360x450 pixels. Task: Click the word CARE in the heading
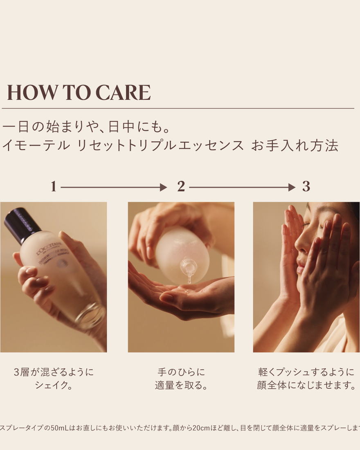click(x=123, y=93)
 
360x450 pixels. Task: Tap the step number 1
click(x=53, y=187)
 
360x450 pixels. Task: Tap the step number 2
click(x=181, y=187)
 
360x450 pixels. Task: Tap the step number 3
click(x=306, y=187)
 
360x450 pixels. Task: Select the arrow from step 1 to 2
click(x=114, y=187)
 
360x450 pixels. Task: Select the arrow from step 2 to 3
click(x=242, y=187)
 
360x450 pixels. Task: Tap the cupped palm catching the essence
click(x=184, y=294)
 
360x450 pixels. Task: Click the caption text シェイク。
click(x=54, y=385)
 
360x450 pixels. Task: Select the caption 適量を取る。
click(x=181, y=385)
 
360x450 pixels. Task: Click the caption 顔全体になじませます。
click(x=306, y=385)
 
